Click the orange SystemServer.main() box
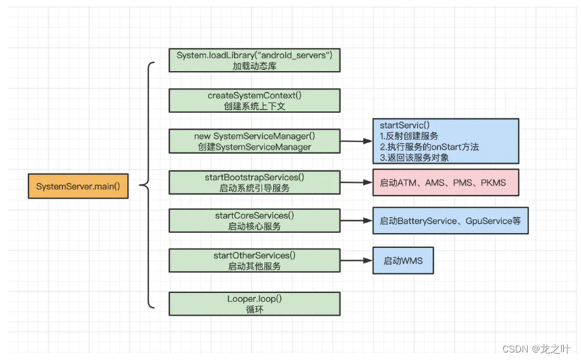pos(79,186)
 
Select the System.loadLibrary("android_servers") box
pos(255,60)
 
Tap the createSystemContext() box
pos(255,100)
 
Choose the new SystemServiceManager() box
pos(255,141)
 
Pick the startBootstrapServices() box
pos(255,182)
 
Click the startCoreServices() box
pos(255,221)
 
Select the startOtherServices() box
pos(255,261)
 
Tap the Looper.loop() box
pos(255,304)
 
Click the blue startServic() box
pos(446,141)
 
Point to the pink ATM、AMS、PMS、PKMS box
pos(446,182)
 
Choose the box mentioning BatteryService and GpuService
pos(451,221)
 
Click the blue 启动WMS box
pos(403,261)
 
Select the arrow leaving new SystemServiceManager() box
pos(356,141)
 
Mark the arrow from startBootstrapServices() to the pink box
pos(356,182)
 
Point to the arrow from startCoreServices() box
pos(356,221)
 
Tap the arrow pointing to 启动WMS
pos(356,261)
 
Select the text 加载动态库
pos(255,66)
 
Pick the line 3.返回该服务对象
pos(414,158)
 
